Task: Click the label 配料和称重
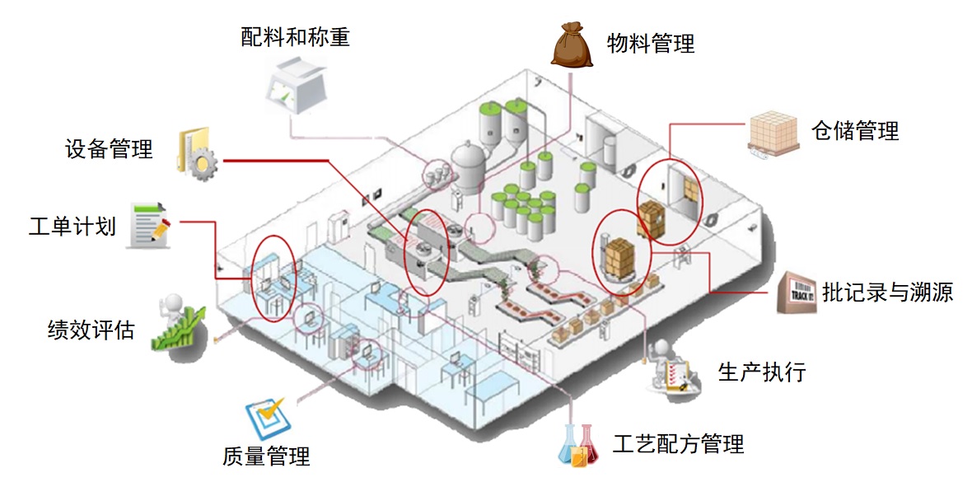point(296,39)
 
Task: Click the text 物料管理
point(651,44)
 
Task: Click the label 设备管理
point(109,149)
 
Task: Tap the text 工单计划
point(72,226)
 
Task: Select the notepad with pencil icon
point(149,225)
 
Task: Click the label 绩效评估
point(91,330)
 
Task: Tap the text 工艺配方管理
point(678,444)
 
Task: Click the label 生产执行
point(762,372)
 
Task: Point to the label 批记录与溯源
point(888,292)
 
